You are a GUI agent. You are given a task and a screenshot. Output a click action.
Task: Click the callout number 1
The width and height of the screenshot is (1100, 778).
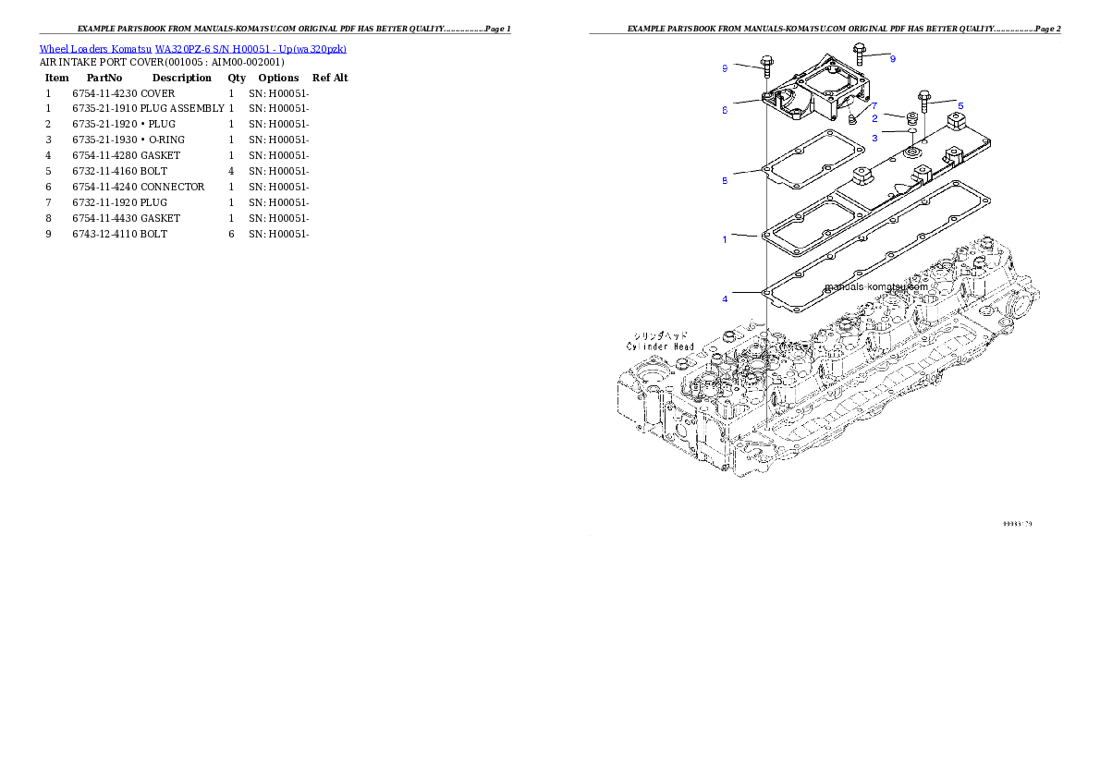[725, 239]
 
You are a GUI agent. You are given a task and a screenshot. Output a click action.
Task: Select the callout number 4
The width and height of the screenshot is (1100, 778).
[725, 299]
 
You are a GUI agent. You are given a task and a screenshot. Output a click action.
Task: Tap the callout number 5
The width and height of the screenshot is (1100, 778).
[960, 105]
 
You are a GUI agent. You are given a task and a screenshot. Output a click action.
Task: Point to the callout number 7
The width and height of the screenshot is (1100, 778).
[874, 106]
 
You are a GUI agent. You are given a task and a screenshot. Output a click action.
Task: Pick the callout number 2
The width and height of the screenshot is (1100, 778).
[874, 119]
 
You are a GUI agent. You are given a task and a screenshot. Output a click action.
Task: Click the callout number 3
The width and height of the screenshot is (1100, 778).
[874, 138]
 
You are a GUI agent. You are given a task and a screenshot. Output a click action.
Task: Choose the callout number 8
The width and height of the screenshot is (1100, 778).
[725, 180]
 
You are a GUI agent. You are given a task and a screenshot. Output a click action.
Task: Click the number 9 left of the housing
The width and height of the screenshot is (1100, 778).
[725, 67]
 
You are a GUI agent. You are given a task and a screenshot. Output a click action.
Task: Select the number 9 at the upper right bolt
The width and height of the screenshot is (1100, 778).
[892, 58]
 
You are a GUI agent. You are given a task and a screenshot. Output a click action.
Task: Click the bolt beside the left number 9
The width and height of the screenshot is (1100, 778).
[766, 64]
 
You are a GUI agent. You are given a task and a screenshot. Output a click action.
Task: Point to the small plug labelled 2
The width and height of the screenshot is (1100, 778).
[911, 118]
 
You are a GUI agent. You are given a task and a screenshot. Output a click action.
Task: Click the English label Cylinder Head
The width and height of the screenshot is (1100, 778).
[660, 346]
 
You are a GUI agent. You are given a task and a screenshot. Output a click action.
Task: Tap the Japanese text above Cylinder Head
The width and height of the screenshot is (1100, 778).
[661, 335]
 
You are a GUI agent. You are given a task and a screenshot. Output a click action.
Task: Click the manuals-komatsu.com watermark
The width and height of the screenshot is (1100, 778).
[875, 286]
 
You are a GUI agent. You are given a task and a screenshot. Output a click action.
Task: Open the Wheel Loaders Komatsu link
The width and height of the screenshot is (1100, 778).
[192, 49]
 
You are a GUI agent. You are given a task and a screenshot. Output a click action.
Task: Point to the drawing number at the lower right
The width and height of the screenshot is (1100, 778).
[1017, 524]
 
